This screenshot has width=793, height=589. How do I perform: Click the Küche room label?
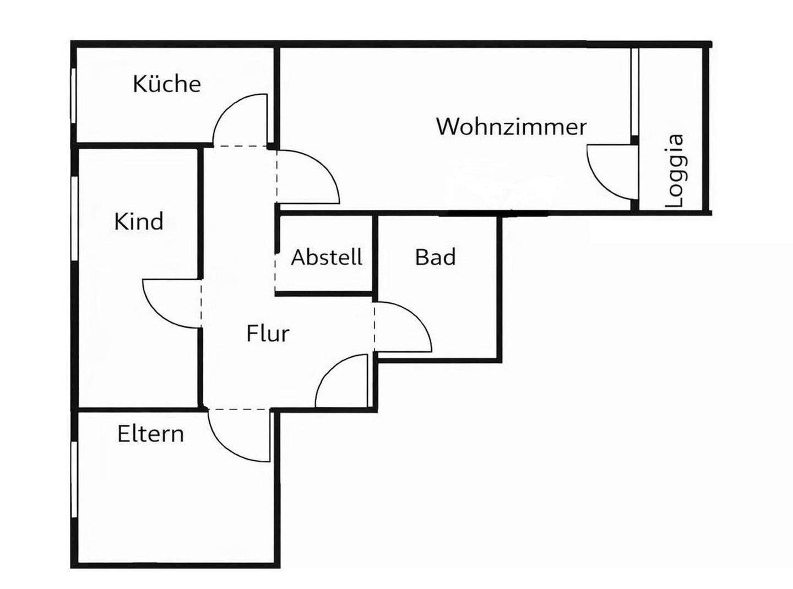(x=166, y=84)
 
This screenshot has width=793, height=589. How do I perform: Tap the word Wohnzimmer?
(x=511, y=127)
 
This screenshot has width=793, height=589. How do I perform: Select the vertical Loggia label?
(x=675, y=171)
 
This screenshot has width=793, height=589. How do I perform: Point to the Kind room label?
(x=138, y=221)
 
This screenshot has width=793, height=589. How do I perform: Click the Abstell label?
(x=327, y=257)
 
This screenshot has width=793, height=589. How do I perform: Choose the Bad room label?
(x=435, y=257)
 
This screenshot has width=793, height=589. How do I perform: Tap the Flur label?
(x=268, y=334)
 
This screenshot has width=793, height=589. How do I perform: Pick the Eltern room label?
(x=150, y=434)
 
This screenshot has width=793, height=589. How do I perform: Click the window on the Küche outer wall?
(x=73, y=95)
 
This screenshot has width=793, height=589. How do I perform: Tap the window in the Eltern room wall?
(x=74, y=479)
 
